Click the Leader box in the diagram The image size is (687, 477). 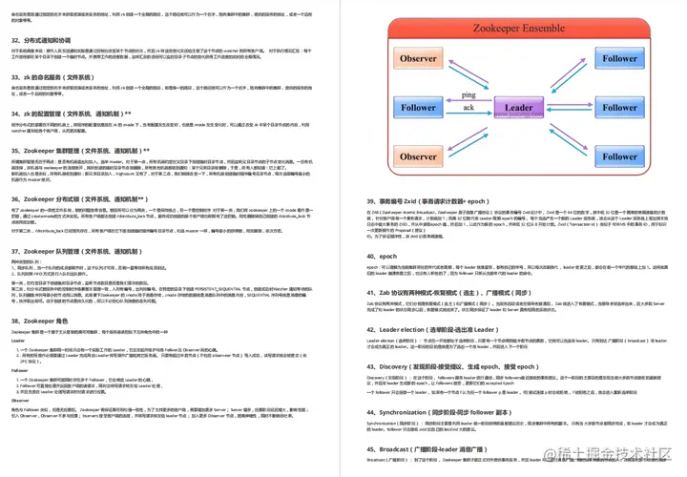click(518, 108)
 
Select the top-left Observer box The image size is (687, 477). click(418, 59)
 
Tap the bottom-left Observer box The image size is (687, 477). click(418, 156)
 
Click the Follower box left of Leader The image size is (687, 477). click(418, 108)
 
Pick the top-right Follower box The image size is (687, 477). click(619, 59)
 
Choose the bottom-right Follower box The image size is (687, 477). click(619, 156)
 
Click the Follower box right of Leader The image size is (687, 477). click(619, 108)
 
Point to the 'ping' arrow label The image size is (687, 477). click(468, 95)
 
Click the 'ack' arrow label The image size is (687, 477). click(468, 108)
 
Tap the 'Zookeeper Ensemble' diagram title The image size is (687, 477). click(518, 30)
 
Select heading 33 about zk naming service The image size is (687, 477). click(52, 76)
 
